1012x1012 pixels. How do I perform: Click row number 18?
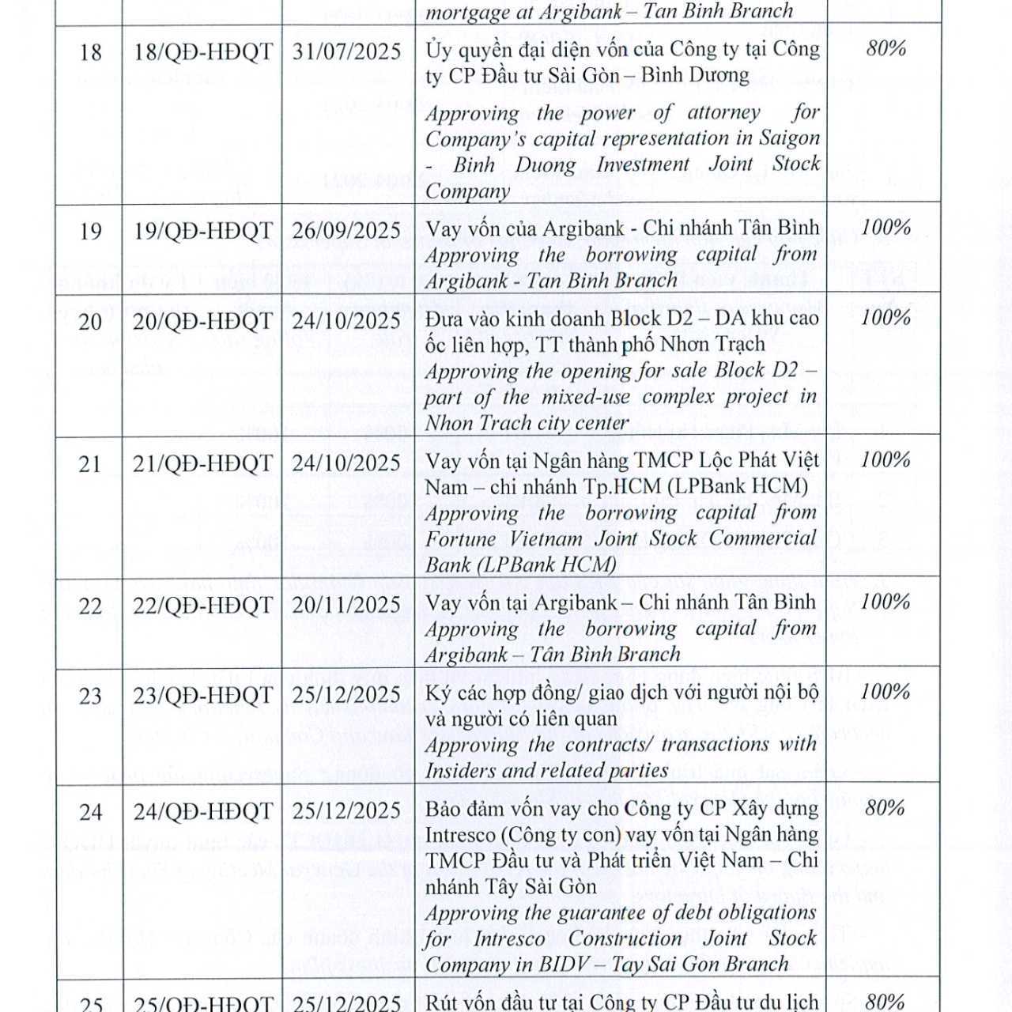91,52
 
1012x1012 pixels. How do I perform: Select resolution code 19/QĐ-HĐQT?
202,231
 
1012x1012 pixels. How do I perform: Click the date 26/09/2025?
346,231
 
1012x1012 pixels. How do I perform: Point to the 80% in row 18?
885,48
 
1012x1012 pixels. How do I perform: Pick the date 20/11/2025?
346,605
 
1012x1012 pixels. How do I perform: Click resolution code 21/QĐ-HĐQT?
202,463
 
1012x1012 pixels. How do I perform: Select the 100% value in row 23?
885,692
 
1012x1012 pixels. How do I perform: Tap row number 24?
91,812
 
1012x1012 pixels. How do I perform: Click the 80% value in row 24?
885,807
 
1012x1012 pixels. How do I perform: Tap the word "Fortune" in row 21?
460,539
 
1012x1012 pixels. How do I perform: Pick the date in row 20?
346,321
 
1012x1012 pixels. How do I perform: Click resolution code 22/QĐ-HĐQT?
202,605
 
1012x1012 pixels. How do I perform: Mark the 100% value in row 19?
885,228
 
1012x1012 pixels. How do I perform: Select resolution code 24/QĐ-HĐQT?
202,812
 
